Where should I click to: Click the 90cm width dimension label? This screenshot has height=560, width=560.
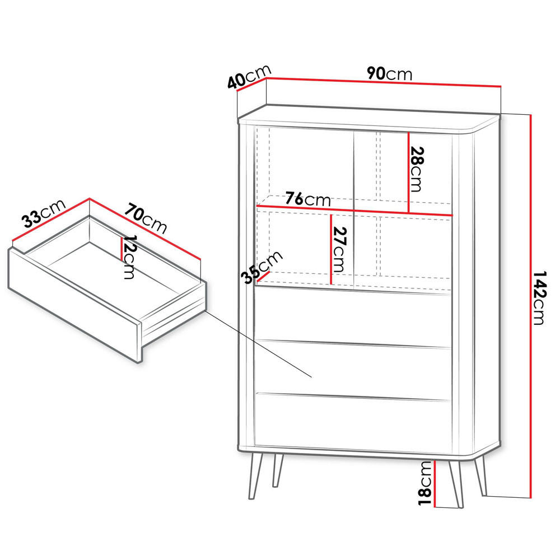(390, 73)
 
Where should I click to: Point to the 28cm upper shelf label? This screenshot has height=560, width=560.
(417, 169)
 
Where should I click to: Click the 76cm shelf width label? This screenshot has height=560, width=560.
(307, 199)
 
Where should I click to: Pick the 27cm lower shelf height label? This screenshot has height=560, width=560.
(340, 249)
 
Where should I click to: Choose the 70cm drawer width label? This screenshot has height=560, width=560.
(146, 219)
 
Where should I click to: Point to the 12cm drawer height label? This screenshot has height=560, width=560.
(129, 258)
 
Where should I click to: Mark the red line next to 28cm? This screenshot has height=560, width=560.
(409, 172)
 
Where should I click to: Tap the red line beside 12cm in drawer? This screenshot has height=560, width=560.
(121, 248)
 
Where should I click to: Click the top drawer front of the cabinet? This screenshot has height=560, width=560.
(353, 316)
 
